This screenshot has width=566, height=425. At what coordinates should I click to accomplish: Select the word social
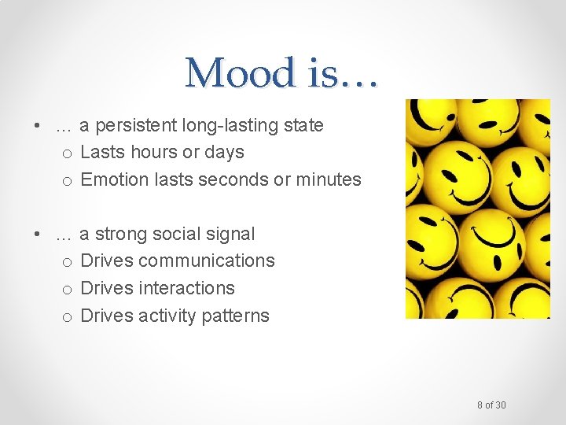[x=175, y=234]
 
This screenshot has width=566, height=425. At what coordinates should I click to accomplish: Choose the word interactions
[x=186, y=288]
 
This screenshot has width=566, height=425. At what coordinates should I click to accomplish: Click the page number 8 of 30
[x=491, y=405]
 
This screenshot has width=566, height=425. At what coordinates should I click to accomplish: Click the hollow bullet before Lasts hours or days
[x=68, y=153]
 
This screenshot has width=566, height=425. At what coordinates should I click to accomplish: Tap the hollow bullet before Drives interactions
[x=68, y=290]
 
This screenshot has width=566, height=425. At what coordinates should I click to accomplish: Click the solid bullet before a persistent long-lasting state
[x=37, y=127]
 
